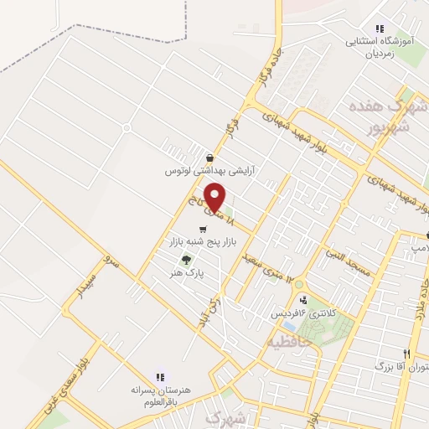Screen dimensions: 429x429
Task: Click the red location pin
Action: click(x=215, y=198)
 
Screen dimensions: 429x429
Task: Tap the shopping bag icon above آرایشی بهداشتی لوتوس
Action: click(x=209, y=158)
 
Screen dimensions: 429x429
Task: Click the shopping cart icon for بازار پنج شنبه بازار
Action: click(x=203, y=229)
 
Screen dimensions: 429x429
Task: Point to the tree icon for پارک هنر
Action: click(x=186, y=259)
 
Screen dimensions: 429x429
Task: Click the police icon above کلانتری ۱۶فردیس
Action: click(x=302, y=299)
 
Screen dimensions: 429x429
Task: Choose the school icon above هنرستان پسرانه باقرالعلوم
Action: click(x=160, y=376)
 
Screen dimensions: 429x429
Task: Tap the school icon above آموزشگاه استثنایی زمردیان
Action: click(x=380, y=28)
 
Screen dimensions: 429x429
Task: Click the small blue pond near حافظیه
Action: click(x=289, y=325)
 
